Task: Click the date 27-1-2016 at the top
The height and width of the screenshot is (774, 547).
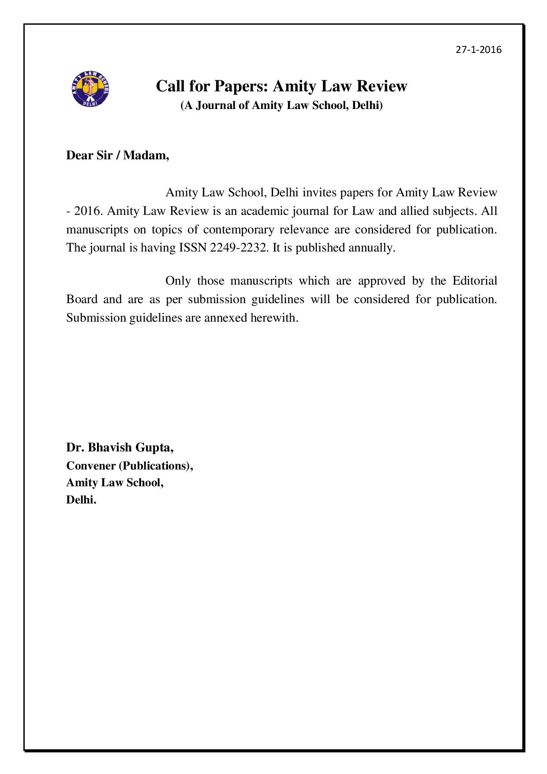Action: pos(479,49)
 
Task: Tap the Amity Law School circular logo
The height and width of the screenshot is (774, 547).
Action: pos(90,89)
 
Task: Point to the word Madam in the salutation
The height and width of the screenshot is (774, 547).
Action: pos(146,155)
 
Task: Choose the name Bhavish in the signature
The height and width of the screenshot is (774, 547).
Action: pos(110,447)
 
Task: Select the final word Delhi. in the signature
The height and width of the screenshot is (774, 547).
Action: pos(81,500)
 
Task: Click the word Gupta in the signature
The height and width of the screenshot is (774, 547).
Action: pos(154,447)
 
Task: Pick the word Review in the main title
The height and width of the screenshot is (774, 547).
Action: pos(382,86)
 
